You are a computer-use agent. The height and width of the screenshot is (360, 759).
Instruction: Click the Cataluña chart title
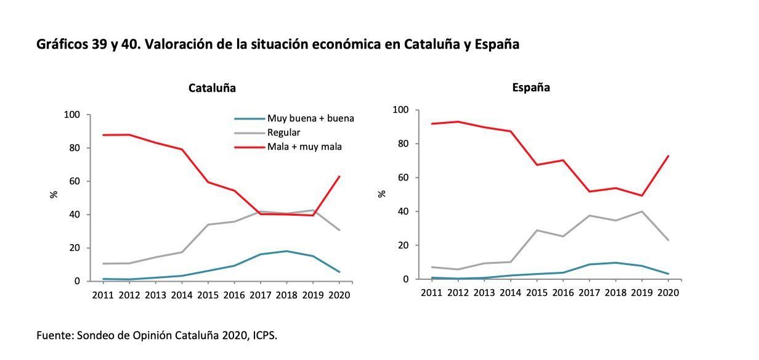click(212, 88)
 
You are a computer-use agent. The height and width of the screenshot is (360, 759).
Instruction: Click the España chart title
click(531, 88)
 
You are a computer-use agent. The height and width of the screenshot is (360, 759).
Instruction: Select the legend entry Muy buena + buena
click(310, 118)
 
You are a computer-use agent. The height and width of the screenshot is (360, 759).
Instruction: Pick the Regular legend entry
click(283, 133)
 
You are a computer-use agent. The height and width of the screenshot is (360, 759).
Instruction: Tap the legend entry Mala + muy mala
click(304, 147)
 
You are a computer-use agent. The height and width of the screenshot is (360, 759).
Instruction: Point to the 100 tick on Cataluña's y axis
click(72, 115)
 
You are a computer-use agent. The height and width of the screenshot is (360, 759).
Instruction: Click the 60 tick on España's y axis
click(403, 178)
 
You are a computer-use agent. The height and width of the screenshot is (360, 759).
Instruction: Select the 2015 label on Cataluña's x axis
click(208, 295)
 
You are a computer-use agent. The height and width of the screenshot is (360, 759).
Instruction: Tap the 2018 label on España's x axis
click(615, 293)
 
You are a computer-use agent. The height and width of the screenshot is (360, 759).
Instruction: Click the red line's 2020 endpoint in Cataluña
click(339, 177)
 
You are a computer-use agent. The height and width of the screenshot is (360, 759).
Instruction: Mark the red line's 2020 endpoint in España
click(668, 156)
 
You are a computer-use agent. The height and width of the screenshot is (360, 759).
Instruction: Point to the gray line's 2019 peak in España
click(641, 211)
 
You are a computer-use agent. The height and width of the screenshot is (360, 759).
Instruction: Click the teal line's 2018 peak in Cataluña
click(286, 251)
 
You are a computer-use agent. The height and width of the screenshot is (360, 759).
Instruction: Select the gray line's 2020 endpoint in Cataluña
click(339, 230)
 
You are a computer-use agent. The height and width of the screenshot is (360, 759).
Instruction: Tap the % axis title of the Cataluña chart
click(54, 194)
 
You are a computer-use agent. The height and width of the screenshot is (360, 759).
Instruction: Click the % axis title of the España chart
click(382, 194)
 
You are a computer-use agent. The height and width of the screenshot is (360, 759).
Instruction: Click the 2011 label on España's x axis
click(431, 293)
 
